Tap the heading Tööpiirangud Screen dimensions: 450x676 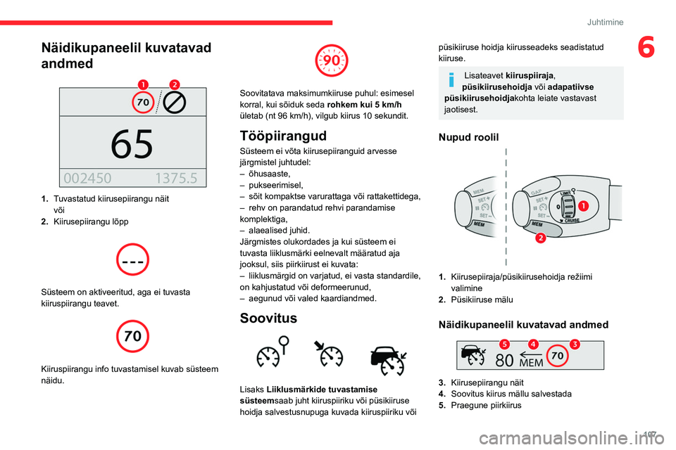tap(283, 135)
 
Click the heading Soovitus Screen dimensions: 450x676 tap(268, 318)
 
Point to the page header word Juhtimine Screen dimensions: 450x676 tap(605, 22)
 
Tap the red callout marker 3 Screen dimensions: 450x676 tap(575, 343)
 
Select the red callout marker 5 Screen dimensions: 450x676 tap(505, 343)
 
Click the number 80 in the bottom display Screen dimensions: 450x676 tap(504, 360)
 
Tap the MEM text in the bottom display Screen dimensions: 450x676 tap(532, 364)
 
